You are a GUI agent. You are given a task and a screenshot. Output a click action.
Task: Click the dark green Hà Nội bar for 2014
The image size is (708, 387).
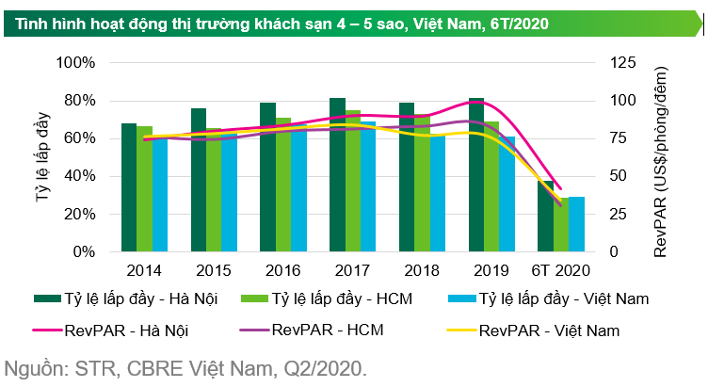(129, 187)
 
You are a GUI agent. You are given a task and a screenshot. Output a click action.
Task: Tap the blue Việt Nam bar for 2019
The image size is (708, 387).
(507, 194)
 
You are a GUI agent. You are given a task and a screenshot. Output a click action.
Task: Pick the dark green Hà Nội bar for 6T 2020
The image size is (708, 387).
(546, 217)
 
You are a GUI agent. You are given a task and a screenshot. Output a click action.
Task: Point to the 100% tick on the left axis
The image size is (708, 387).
(76, 63)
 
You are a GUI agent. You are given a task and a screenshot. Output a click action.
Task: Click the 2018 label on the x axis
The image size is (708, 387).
(421, 270)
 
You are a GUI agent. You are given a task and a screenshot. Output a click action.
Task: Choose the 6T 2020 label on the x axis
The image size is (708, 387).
(560, 270)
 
